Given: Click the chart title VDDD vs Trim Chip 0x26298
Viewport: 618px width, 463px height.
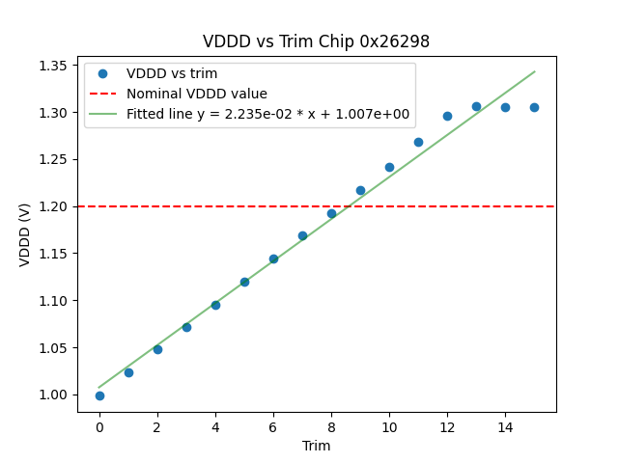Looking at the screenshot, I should pyautogui.click(x=316, y=42).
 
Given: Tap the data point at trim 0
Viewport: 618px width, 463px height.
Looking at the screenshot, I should pyautogui.click(x=99, y=395).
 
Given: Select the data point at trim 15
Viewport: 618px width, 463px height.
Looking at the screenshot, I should pyautogui.click(x=534, y=107).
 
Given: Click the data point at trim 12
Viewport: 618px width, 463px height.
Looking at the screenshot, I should pyautogui.click(x=447, y=116).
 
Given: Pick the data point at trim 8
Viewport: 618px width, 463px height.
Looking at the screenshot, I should pyautogui.click(x=331, y=213).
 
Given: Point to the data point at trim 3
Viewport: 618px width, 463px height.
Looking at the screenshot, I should pyautogui.click(x=186, y=327).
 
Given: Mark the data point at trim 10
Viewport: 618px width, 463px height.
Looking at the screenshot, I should pyautogui.click(x=389, y=167).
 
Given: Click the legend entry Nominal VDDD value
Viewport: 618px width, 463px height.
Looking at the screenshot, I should pyautogui.click(x=197, y=94).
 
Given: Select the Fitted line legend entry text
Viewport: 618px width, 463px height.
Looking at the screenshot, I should pyautogui.click(x=267, y=114).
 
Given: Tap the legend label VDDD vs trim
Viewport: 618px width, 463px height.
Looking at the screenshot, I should pyautogui.click(x=172, y=73).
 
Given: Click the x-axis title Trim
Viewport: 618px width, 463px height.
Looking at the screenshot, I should pyautogui.click(x=316, y=446).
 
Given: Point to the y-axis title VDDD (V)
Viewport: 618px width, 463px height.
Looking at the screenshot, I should pyautogui.click(x=26, y=233).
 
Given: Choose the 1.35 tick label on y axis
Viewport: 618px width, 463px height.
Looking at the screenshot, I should pyautogui.click(x=52, y=66).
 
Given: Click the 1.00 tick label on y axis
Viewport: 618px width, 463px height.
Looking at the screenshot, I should pyautogui.click(x=52, y=395).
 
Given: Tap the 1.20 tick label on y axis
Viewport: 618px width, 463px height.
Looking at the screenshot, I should pyautogui.click(x=52, y=206).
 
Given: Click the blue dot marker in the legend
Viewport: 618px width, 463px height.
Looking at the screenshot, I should pyautogui.click(x=102, y=73).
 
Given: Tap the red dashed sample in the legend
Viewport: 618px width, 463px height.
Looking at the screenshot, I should pyautogui.click(x=102, y=94).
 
